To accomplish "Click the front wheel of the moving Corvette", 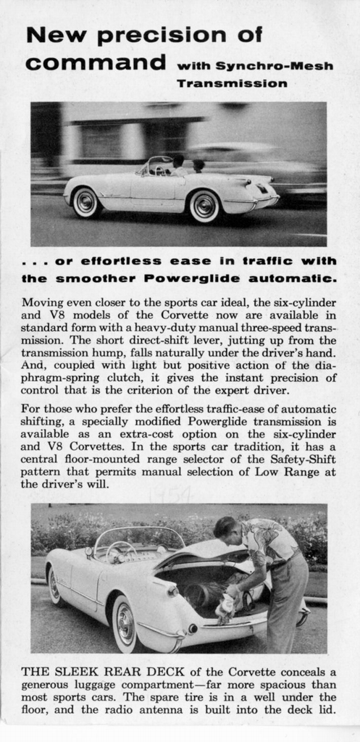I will coord(85,202).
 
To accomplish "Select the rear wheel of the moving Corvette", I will coord(204,207).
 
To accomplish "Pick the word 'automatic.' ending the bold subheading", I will coord(293,278).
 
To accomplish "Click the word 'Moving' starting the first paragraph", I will coord(41,301).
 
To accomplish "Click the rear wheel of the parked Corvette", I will coord(124,624).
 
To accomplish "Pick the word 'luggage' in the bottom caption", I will coord(101,685).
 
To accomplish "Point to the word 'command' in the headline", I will coord(95,62).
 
